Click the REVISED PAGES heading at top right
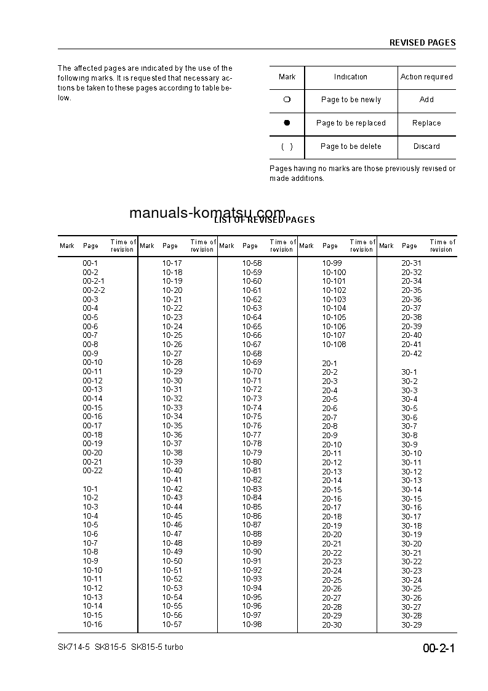[x=422, y=43]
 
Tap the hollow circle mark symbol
[x=287, y=100]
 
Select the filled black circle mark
[x=287, y=123]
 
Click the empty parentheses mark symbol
[x=287, y=146]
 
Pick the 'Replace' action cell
[x=426, y=123]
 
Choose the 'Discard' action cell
[x=426, y=146]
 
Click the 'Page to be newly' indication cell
[x=351, y=100]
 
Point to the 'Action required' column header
[x=426, y=77]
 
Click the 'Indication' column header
[x=351, y=77]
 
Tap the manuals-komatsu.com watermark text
[x=207, y=213]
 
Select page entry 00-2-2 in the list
[x=94, y=290]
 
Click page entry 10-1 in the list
[x=90, y=489]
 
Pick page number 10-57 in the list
[x=172, y=624]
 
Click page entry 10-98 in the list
[x=252, y=624]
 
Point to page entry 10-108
[x=334, y=345]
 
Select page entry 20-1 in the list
[x=329, y=363]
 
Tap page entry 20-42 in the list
[x=412, y=354]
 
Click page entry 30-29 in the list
[x=412, y=625]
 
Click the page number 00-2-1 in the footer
[x=438, y=649]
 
